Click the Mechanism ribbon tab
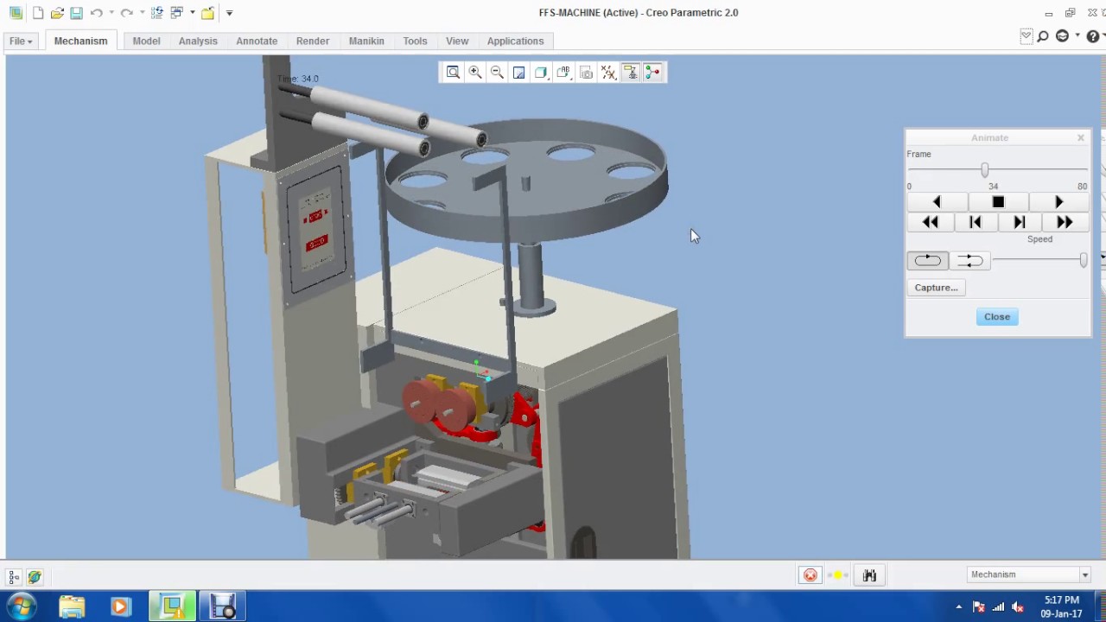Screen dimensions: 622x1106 80,41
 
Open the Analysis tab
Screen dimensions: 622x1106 198,41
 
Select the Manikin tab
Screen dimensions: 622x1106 366,41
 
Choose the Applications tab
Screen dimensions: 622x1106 515,41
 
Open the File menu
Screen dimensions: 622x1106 21,41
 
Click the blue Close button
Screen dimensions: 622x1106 996,316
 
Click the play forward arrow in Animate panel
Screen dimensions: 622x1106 1058,202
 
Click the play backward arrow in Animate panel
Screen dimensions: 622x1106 937,202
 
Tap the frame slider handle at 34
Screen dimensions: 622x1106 984,170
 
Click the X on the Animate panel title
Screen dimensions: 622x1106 1080,137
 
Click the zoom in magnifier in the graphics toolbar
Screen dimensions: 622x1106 474,73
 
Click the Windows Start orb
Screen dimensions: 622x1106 22,606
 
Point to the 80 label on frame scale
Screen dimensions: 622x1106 1082,187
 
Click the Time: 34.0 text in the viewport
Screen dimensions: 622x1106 299,79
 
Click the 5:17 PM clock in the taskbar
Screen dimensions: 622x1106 1061,600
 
